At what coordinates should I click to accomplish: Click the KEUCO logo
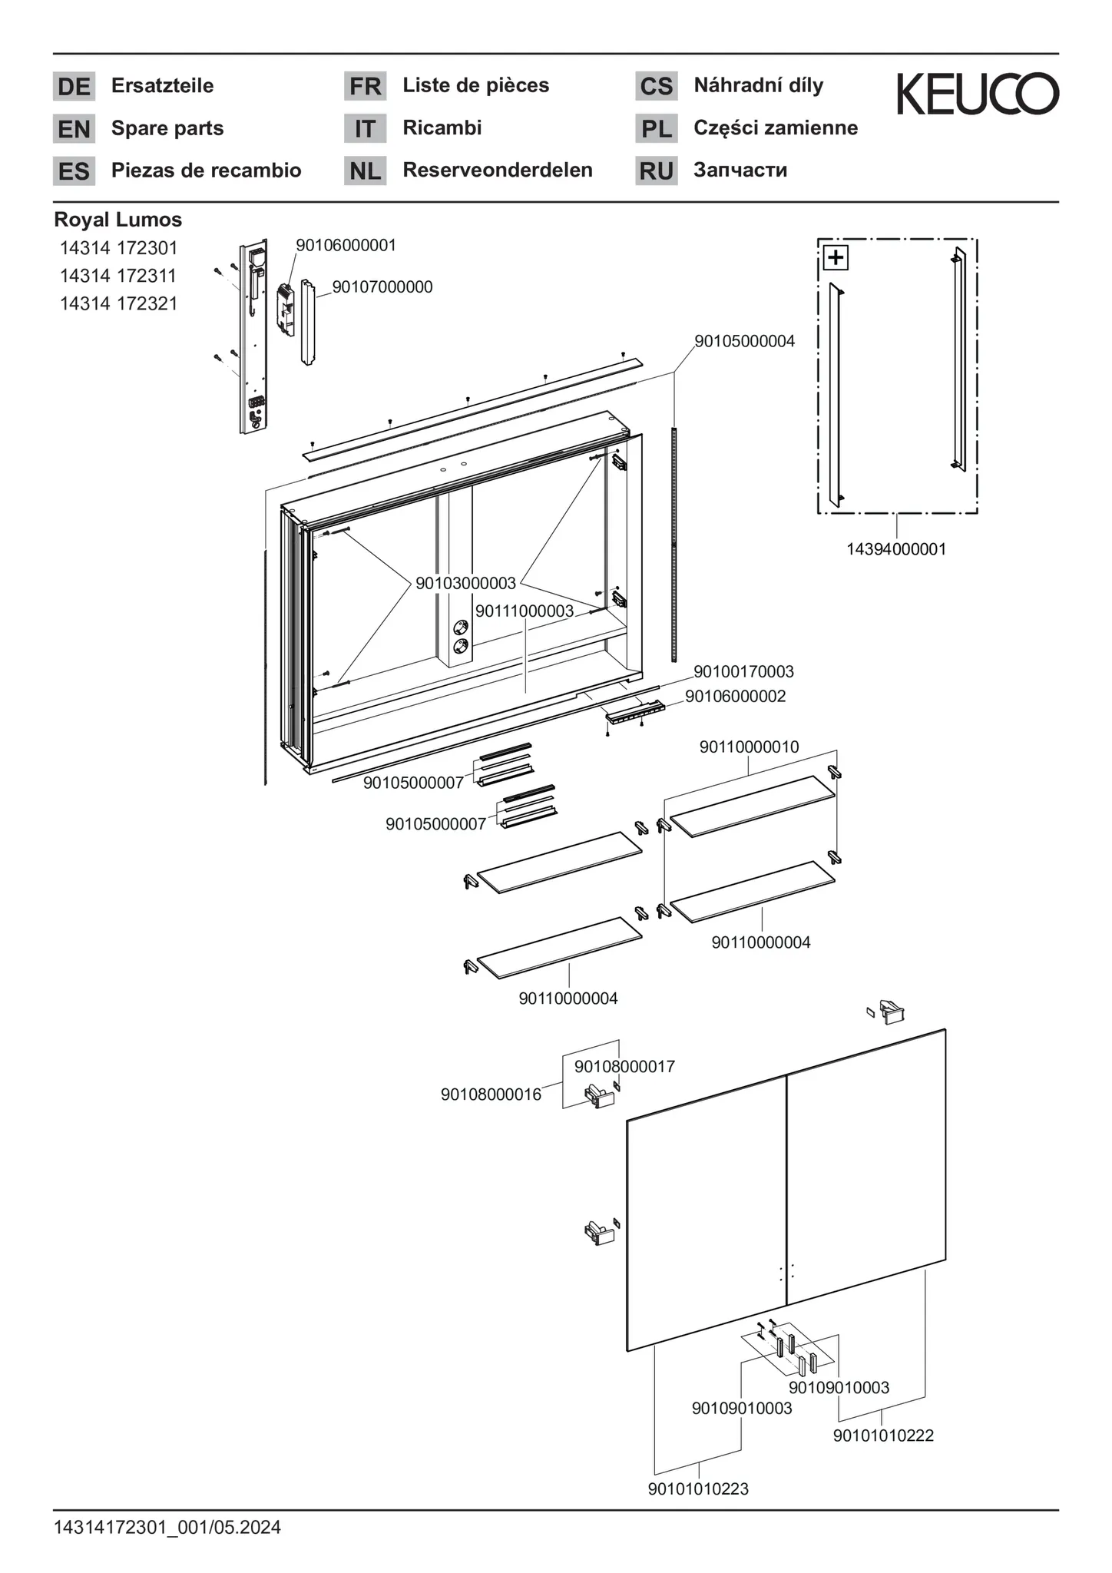click(978, 94)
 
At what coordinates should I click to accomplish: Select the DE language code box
click(74, 86)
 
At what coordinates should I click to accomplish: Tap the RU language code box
click(656, 171)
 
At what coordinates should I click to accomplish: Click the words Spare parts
click(167, 128)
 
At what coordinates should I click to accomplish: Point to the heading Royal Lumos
click(117, 220)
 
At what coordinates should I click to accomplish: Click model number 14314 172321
click(118, 303)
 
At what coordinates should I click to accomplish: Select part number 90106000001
click(346, 245)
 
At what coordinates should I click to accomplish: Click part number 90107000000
click(382, 287)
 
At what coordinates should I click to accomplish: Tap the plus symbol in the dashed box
click(836, 257)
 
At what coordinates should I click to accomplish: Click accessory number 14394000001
click(896, 549)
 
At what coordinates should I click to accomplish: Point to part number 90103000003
click(465, 583)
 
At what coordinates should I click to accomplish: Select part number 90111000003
click(524, 611)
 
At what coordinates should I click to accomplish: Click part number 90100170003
click(743, 671)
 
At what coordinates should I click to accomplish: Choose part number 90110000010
click(749, 747)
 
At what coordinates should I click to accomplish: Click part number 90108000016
click(491, 1094)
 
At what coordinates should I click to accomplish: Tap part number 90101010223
click(698, 1489)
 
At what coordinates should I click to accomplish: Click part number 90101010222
click(883, 1436)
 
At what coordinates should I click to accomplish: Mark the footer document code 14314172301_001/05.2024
click(167, 1528)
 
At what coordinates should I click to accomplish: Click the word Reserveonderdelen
click(498, 170)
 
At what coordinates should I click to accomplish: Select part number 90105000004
click(744, 340)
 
